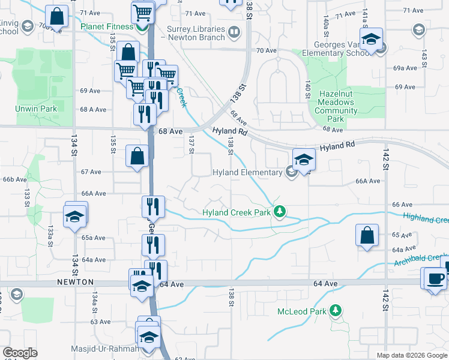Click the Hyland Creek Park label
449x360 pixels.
(237, 212)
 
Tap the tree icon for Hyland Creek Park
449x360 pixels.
(279, 211)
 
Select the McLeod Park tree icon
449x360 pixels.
(337, 311)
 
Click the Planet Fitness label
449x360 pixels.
(107, 27)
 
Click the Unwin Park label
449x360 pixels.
(37, 109)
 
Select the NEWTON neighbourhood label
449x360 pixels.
(75, 281)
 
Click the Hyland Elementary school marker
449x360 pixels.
(291, 173)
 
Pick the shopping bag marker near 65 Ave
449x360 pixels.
(367, 236)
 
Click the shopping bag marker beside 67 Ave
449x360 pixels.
(137, 157)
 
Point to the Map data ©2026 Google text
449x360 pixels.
(411, 355)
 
